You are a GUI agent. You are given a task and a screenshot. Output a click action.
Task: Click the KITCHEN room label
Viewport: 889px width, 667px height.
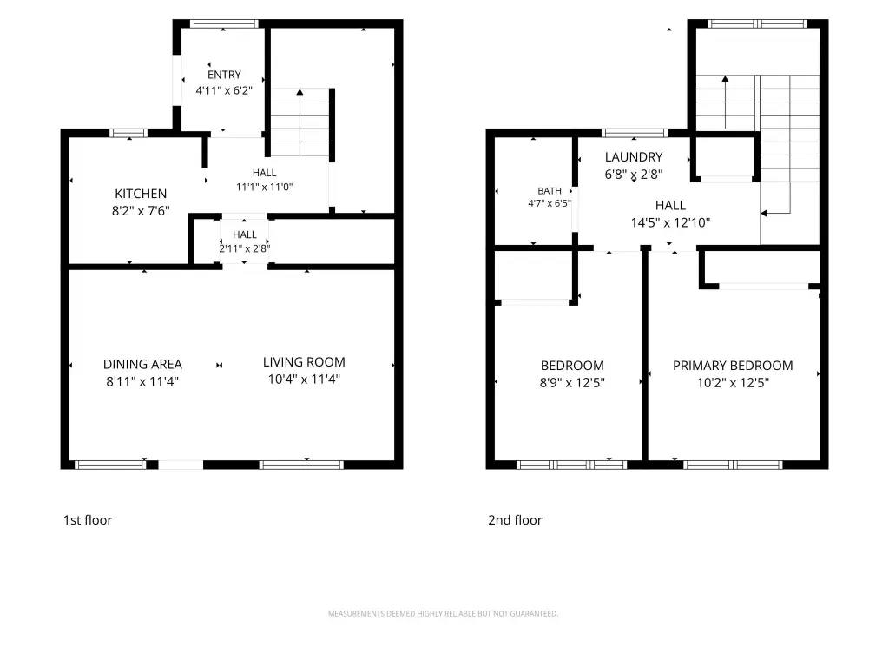141,194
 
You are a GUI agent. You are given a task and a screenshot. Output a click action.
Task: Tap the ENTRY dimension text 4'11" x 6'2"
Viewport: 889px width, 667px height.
224,90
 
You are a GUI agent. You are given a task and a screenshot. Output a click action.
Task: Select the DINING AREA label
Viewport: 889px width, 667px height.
142,364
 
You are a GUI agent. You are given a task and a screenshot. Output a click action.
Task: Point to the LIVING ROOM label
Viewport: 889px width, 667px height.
304,362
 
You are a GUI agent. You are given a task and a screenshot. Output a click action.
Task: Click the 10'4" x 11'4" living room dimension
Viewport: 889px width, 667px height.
304,379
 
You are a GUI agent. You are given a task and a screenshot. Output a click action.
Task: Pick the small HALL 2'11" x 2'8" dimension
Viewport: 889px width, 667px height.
244,248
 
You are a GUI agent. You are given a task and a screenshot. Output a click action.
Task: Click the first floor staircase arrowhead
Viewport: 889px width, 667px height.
300,92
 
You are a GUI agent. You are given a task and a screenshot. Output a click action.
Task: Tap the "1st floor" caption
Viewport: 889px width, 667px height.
88,520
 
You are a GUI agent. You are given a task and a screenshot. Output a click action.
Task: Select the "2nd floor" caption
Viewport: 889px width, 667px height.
515,520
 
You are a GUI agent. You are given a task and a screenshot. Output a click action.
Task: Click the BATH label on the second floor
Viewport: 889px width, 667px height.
550,191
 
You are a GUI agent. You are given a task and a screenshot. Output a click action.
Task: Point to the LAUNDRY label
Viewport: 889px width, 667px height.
633,157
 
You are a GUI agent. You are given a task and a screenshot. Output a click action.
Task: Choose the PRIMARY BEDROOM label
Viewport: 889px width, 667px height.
733,366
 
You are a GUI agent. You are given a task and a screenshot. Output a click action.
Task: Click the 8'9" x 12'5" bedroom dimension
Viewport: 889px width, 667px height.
572,383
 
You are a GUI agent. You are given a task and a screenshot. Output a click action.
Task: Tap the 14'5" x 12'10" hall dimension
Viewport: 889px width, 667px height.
670,223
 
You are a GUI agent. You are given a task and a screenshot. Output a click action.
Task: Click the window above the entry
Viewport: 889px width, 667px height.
223,23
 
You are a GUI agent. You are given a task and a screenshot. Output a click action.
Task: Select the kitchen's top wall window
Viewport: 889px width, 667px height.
128,133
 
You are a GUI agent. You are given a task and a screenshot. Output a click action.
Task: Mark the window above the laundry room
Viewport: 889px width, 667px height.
634,133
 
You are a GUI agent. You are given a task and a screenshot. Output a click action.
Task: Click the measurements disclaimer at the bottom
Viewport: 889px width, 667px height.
443,614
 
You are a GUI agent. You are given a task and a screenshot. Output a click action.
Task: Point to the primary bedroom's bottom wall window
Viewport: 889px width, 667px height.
733,466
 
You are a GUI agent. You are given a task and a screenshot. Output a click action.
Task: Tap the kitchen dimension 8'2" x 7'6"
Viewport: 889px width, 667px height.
141,211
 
